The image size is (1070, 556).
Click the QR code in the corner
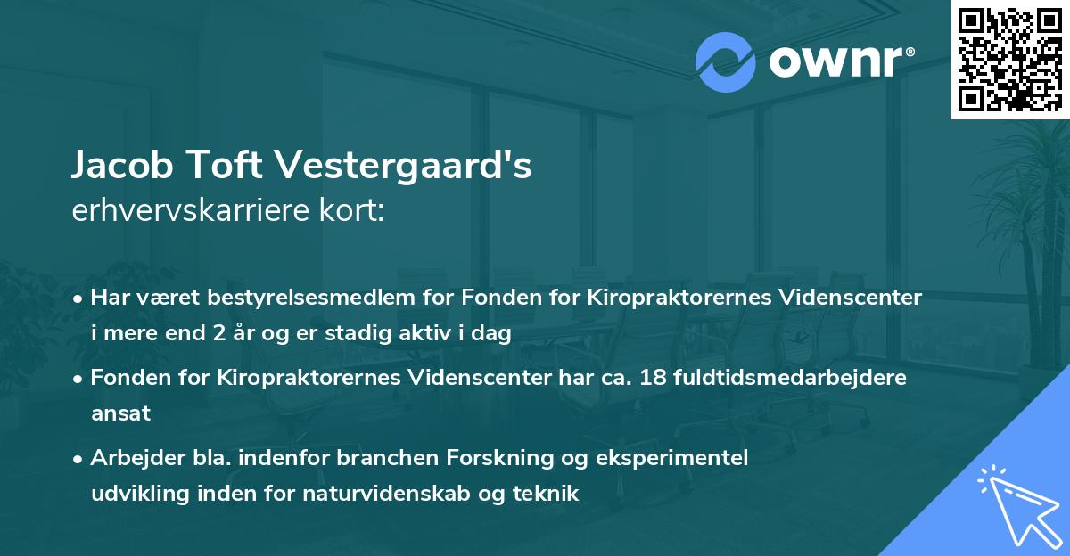point(1009,59)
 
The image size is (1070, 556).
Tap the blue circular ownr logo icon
point(725,61)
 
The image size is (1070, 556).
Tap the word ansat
point(120,413)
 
